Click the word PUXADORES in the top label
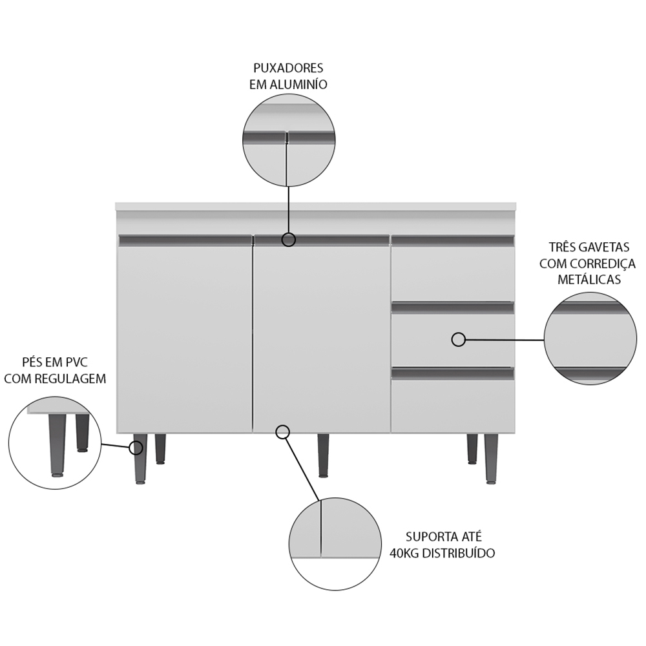288,68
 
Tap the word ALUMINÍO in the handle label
298,84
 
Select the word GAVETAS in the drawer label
604,247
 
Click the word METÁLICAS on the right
589,279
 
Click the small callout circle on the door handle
289,240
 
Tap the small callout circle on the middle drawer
459,340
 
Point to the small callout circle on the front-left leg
136,448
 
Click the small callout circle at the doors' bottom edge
283,432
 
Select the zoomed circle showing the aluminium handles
289,140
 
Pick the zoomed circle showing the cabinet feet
55,443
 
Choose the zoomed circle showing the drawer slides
590,339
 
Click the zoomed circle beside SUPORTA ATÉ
335,544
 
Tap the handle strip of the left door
185,240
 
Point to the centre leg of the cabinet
324,455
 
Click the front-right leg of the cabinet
491,459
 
